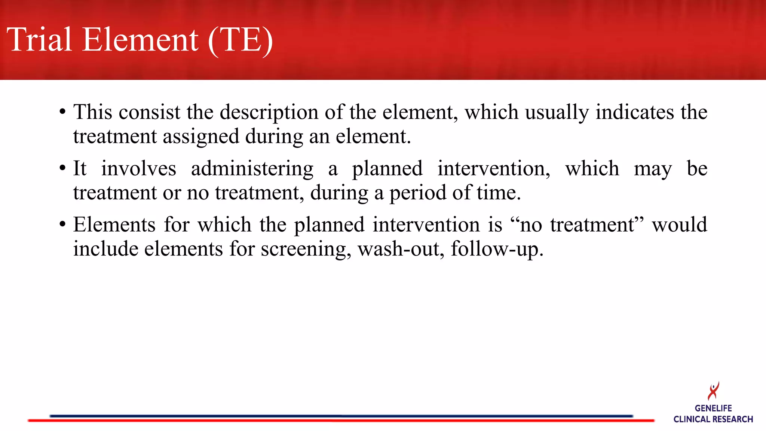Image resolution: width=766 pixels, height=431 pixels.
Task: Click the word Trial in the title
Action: click(39, 40)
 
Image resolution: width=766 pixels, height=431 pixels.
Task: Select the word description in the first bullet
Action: click(269, 112)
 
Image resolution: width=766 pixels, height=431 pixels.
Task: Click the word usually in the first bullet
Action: click(557, 112)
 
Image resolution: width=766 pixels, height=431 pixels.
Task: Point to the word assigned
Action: click(201, 136)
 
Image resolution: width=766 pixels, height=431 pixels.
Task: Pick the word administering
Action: click(252, 169)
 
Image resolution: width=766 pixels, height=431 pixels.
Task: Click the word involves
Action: click(138, 169)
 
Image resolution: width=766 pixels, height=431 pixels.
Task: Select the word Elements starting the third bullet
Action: click(114, 225)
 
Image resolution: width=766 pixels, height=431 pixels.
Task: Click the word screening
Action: click(306, 249)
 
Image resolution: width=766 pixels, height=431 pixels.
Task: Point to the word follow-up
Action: click(497, 249)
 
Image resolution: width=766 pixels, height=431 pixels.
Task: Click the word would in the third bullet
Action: click(679, 225)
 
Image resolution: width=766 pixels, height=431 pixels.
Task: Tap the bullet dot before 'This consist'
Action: click(62, 112)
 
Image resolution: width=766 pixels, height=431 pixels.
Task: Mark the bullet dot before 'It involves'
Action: click(62, 169)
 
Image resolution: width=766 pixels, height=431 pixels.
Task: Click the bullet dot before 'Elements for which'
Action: click(62, 225)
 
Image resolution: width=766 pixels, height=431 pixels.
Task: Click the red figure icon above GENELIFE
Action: click(713, 391)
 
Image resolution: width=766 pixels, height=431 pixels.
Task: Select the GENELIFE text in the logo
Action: click(713, 409)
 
